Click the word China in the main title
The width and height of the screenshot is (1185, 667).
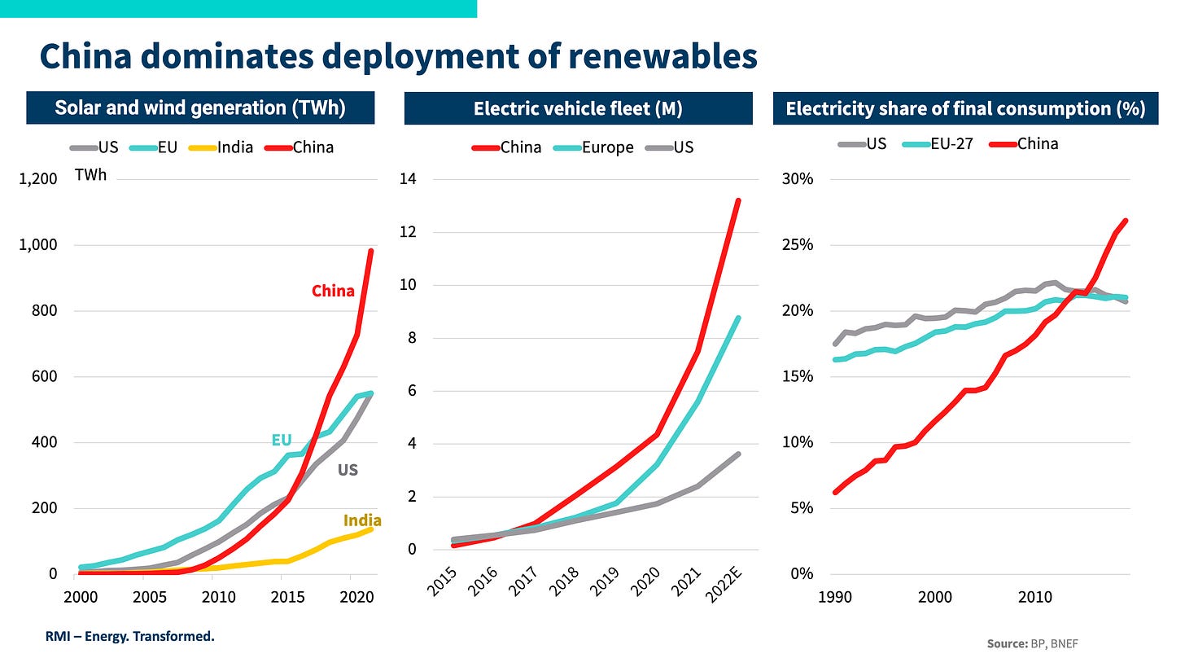pyautogui.click(x=91, y=57)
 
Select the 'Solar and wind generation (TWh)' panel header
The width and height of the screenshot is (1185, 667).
pyautogui.click(x=200, y=108)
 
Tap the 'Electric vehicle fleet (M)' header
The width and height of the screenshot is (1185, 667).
pyautogui.click(x=578, y=108)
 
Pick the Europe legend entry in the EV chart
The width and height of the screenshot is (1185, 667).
pyautogui.click(x=607, y=147)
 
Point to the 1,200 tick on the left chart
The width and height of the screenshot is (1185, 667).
pyautogui.click(x=37, y=179)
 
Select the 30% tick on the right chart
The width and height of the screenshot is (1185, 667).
pyautogui.click(x=798, y=179)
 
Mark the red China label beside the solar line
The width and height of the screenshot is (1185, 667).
pyautogui.click(x=333, y=291)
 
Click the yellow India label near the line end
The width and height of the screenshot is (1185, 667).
pyautogui.click(x=362, y=520)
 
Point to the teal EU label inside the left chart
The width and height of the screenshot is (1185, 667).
pyautogui.click(x=282, y=441)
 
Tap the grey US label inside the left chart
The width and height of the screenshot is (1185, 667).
pyautogui.click(x=348, y=470)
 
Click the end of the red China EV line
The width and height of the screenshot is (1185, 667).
pyautogui.click(x=737, y=200)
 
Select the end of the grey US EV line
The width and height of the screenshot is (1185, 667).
pyautogui.click(x=737, y=454)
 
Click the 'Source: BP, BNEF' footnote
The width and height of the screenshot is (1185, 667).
pyautogui.click(x=1033, y=644)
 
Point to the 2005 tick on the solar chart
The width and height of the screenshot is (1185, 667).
pyautogui.click(x=143, y=597)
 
